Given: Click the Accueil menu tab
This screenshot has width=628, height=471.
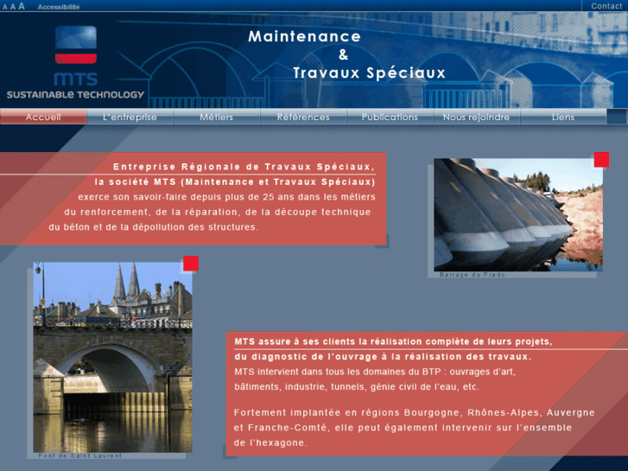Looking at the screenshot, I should pos(43,118).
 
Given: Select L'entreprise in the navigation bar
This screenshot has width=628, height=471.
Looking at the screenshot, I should pos(130,118).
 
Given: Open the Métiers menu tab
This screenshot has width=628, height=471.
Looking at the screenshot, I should pos(216,118).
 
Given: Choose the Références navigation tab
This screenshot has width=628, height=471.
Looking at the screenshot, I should pos(303,118).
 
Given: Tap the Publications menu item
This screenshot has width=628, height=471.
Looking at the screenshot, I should pos(390,118).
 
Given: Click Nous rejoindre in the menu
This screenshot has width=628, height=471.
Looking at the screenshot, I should pos(476,118).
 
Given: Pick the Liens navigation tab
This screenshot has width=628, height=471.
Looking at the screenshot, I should pos(562,118).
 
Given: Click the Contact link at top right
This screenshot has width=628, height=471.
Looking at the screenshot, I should pos(606,6).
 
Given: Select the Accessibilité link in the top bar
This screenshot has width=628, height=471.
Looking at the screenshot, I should pos(59,6).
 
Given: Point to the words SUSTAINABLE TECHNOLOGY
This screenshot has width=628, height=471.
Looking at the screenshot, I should pos(75,94).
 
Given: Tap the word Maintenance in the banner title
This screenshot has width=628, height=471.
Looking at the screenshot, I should pos(304,36).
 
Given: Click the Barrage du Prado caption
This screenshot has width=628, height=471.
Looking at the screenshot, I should pos(473,275).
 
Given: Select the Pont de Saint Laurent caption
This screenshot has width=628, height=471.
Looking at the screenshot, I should pos(80,455).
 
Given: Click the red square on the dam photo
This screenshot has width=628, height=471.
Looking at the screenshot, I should pos(601,159).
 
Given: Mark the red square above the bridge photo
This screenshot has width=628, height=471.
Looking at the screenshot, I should pos(191,264).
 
